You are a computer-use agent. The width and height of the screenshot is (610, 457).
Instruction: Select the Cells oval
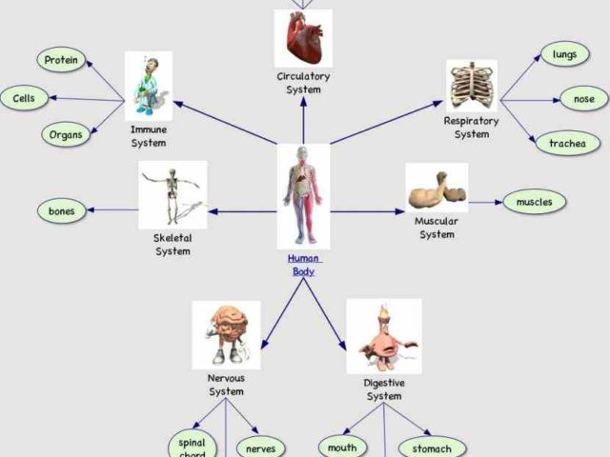[24, 98]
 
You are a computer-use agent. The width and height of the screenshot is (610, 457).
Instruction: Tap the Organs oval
[66, 134]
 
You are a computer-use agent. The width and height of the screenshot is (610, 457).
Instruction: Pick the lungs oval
[564, 55]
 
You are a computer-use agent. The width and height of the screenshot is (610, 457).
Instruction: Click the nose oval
[583, 98]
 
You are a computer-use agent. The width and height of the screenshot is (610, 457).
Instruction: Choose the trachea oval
[567, 144]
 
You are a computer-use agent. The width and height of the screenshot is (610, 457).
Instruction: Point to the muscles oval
[534, 202]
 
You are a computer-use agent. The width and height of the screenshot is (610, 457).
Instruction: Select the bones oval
[61, 210]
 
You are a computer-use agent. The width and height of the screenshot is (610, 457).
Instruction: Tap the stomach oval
[432, 447]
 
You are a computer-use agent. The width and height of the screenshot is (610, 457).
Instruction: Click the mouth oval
[341, 447]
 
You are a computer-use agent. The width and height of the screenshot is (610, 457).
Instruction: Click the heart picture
[303, 38]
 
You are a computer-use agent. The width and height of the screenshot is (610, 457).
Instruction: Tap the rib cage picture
[472, 86]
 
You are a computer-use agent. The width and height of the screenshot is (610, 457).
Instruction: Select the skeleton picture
[173, 194]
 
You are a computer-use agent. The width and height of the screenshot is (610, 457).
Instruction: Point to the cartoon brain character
[226, 332]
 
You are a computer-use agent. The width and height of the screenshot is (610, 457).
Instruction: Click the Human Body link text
[304, 265]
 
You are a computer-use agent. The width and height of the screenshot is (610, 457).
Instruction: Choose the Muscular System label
[437, 228]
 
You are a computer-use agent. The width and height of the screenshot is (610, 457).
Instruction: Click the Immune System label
[148, 136]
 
